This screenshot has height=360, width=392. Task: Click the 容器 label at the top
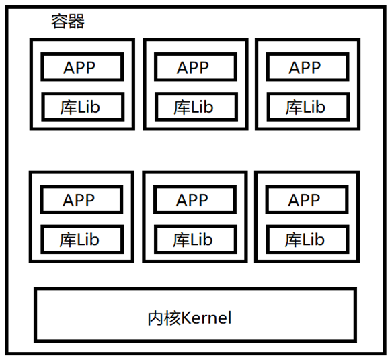click(x=68, y=22)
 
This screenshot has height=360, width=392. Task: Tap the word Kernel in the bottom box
click(x=206, y=318)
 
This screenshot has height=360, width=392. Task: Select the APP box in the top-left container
click(x=81, y=67)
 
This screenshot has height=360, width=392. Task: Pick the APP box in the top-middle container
click(x=195, y=67)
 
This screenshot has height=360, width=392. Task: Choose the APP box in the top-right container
click(x=307, y=67)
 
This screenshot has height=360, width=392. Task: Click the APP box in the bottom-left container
click(x=81, y=199)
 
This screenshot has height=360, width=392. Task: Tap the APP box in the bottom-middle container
click(x=194, y=199)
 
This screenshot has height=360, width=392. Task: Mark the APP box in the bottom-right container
click(x=307, y=199)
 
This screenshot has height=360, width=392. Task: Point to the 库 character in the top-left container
click(x=69, y=107)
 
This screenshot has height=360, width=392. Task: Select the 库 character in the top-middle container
click(x=182, y=107)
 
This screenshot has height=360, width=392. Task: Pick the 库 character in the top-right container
click(x=294, y=107)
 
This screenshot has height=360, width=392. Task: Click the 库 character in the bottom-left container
click(x=69, y=240)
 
